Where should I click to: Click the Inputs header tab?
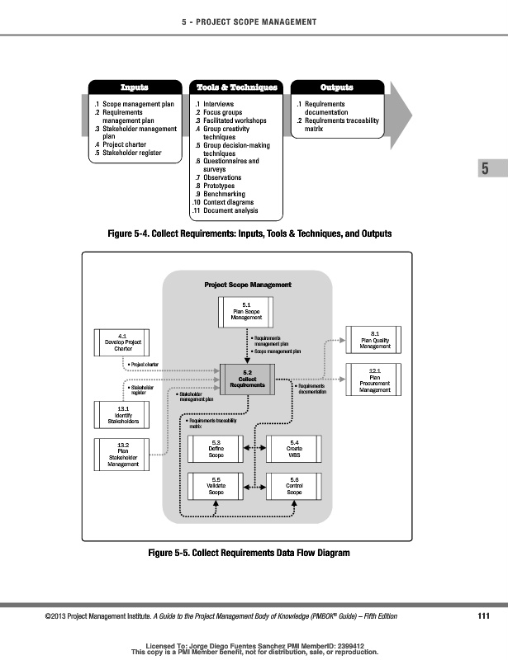tap(135, 87)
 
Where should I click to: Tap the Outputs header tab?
tap(336, 87)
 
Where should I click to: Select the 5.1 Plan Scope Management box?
tap(247, 312)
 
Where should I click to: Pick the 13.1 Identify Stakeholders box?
tap(121, 415)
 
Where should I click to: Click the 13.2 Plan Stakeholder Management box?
tap(121, 455)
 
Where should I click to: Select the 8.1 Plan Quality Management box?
tap(375, 341)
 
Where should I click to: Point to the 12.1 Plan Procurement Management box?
tap(375, 380)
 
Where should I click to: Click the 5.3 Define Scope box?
tap(216, 450)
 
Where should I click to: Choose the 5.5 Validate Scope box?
tap(216, 487)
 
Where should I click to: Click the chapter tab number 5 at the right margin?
tap(485, 169)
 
